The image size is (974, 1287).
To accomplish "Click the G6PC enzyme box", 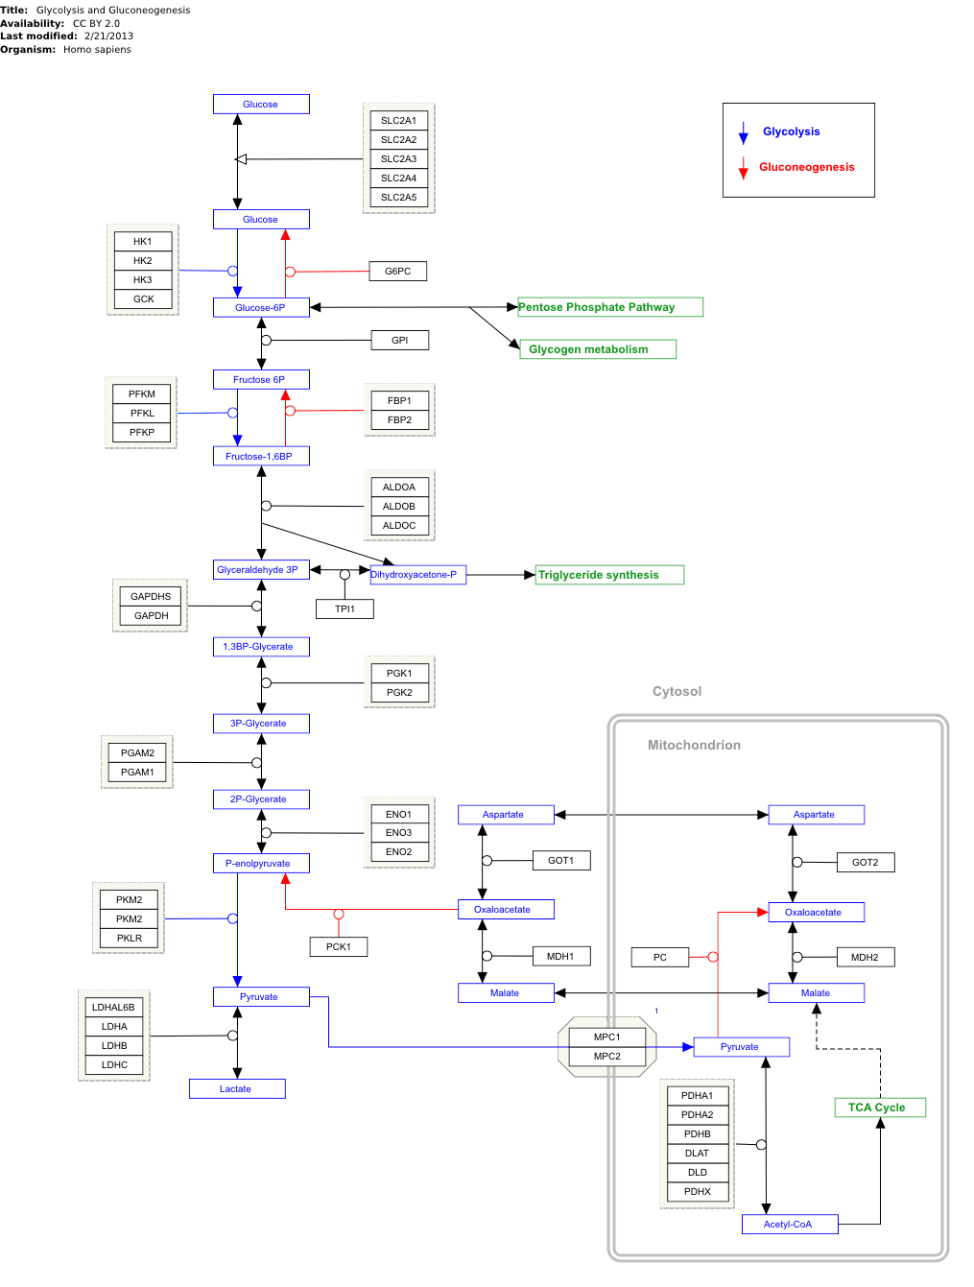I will coord(398,272).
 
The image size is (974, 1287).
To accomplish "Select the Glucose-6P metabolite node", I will coord(261,308).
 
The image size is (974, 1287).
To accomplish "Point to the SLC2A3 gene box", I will coord(399,159).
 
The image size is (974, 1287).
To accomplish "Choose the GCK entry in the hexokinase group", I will coord(143,299).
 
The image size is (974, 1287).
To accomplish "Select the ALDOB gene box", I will coord(399,507).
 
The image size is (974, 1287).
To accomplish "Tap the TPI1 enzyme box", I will coord(344,609).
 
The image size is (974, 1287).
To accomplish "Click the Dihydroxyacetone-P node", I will coord(417,575).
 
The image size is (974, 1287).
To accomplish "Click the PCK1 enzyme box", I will coord(339,947).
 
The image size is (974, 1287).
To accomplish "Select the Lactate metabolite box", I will coord(237,1089).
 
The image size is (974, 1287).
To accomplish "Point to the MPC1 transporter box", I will coord(607,1037).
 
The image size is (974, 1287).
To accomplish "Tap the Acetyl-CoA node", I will coord(790,1225).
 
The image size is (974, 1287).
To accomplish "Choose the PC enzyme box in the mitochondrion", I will coord(660,958).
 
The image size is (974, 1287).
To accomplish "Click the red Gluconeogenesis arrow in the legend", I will coord(743,169).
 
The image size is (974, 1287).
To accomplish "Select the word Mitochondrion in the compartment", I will coord(694,746).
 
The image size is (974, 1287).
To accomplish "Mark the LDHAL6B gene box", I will coord(114,1008).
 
